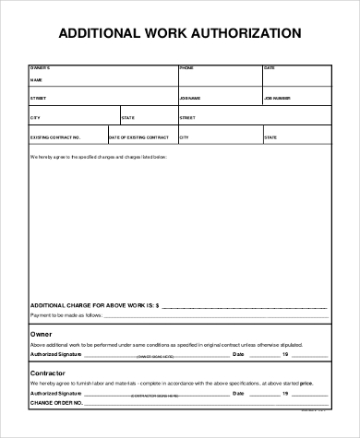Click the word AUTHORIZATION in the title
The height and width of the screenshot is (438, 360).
click(243, 33)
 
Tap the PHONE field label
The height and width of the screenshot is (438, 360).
click(186, 68)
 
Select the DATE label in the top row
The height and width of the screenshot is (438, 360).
click(270, 68)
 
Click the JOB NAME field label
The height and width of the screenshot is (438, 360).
click(190, 96)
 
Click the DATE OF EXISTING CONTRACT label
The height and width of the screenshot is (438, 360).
click(138, 137)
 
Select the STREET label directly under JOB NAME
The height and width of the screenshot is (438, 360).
click(187, 117)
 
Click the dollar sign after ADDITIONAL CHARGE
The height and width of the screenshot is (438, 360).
click(158, 303)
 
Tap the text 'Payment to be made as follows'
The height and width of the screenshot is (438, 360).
click(66, 314)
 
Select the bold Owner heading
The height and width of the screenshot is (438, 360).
click(41, 334)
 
